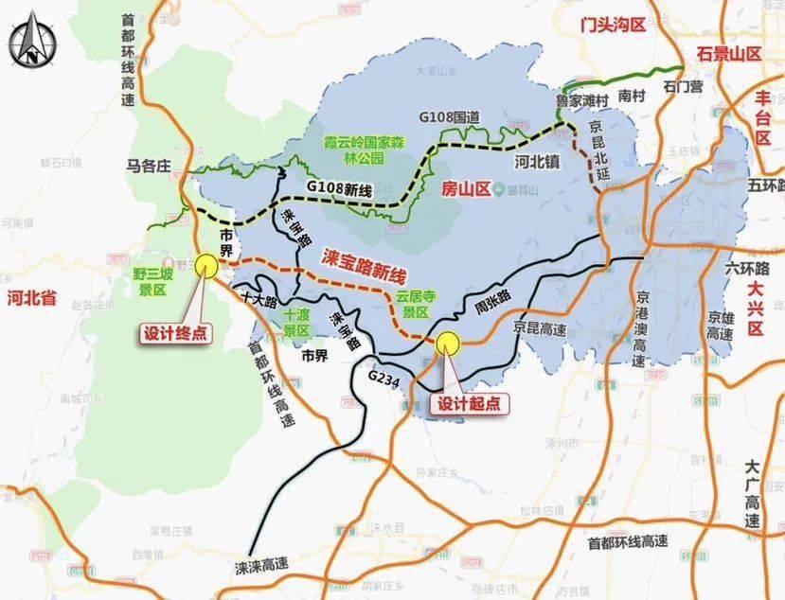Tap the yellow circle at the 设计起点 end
click(447, 344)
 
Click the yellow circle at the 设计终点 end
click(205, 265)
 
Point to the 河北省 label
click(31, 298)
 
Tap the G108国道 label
click(450, 116)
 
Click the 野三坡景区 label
click(152, 282)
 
